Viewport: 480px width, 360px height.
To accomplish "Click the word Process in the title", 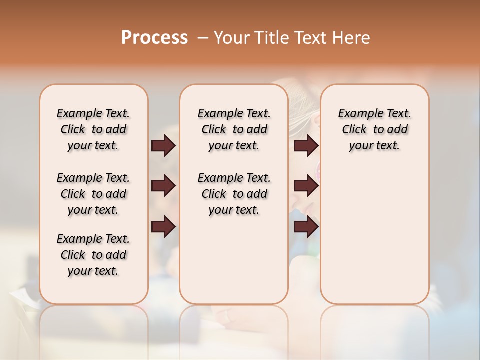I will (x=154, y=38).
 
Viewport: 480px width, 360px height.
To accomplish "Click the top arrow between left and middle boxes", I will (x=163, y=146).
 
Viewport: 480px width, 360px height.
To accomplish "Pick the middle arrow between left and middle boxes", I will (x=163, y=186).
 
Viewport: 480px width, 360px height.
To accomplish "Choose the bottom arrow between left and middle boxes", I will (x=163, y=227).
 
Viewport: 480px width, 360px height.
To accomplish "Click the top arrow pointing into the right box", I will (x=306, y=146).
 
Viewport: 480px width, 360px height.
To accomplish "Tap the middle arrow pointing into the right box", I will (x=306, y=186).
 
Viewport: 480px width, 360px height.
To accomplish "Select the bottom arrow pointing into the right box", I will (x=306, y=227).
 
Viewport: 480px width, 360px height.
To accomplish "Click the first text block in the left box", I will (x=93, y=129).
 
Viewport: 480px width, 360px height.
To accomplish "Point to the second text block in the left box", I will (x=93, y=194).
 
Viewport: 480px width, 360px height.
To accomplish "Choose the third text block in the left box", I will (x=93, y=255).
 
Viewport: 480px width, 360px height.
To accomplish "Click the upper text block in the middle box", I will (x=234, y=129).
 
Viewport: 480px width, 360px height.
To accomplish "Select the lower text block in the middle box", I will (x=234, y=194).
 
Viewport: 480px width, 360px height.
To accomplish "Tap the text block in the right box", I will (x=374, y=129).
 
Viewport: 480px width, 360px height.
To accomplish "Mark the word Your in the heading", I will (x=232, y=38).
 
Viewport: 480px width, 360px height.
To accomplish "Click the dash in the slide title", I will (x=203, y=38).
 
